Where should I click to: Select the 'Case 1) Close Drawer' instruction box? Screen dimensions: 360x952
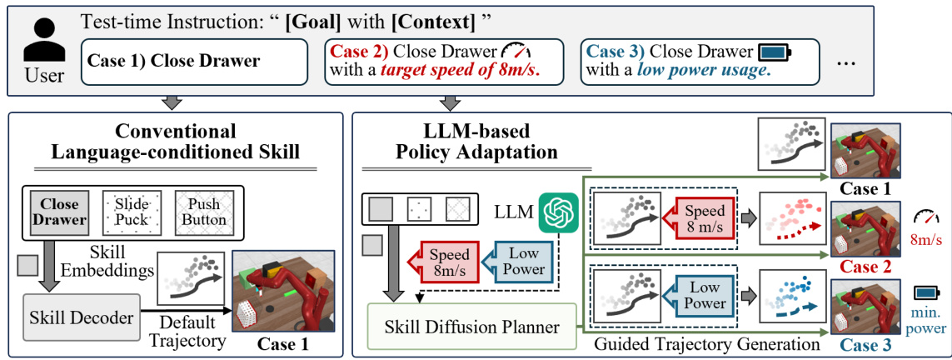coord(196,61)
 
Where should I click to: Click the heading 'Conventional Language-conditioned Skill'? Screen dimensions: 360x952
coord(175,142)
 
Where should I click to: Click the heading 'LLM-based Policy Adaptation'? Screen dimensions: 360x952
coord(485,142)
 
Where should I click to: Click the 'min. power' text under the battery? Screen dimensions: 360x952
coord(926,321)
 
